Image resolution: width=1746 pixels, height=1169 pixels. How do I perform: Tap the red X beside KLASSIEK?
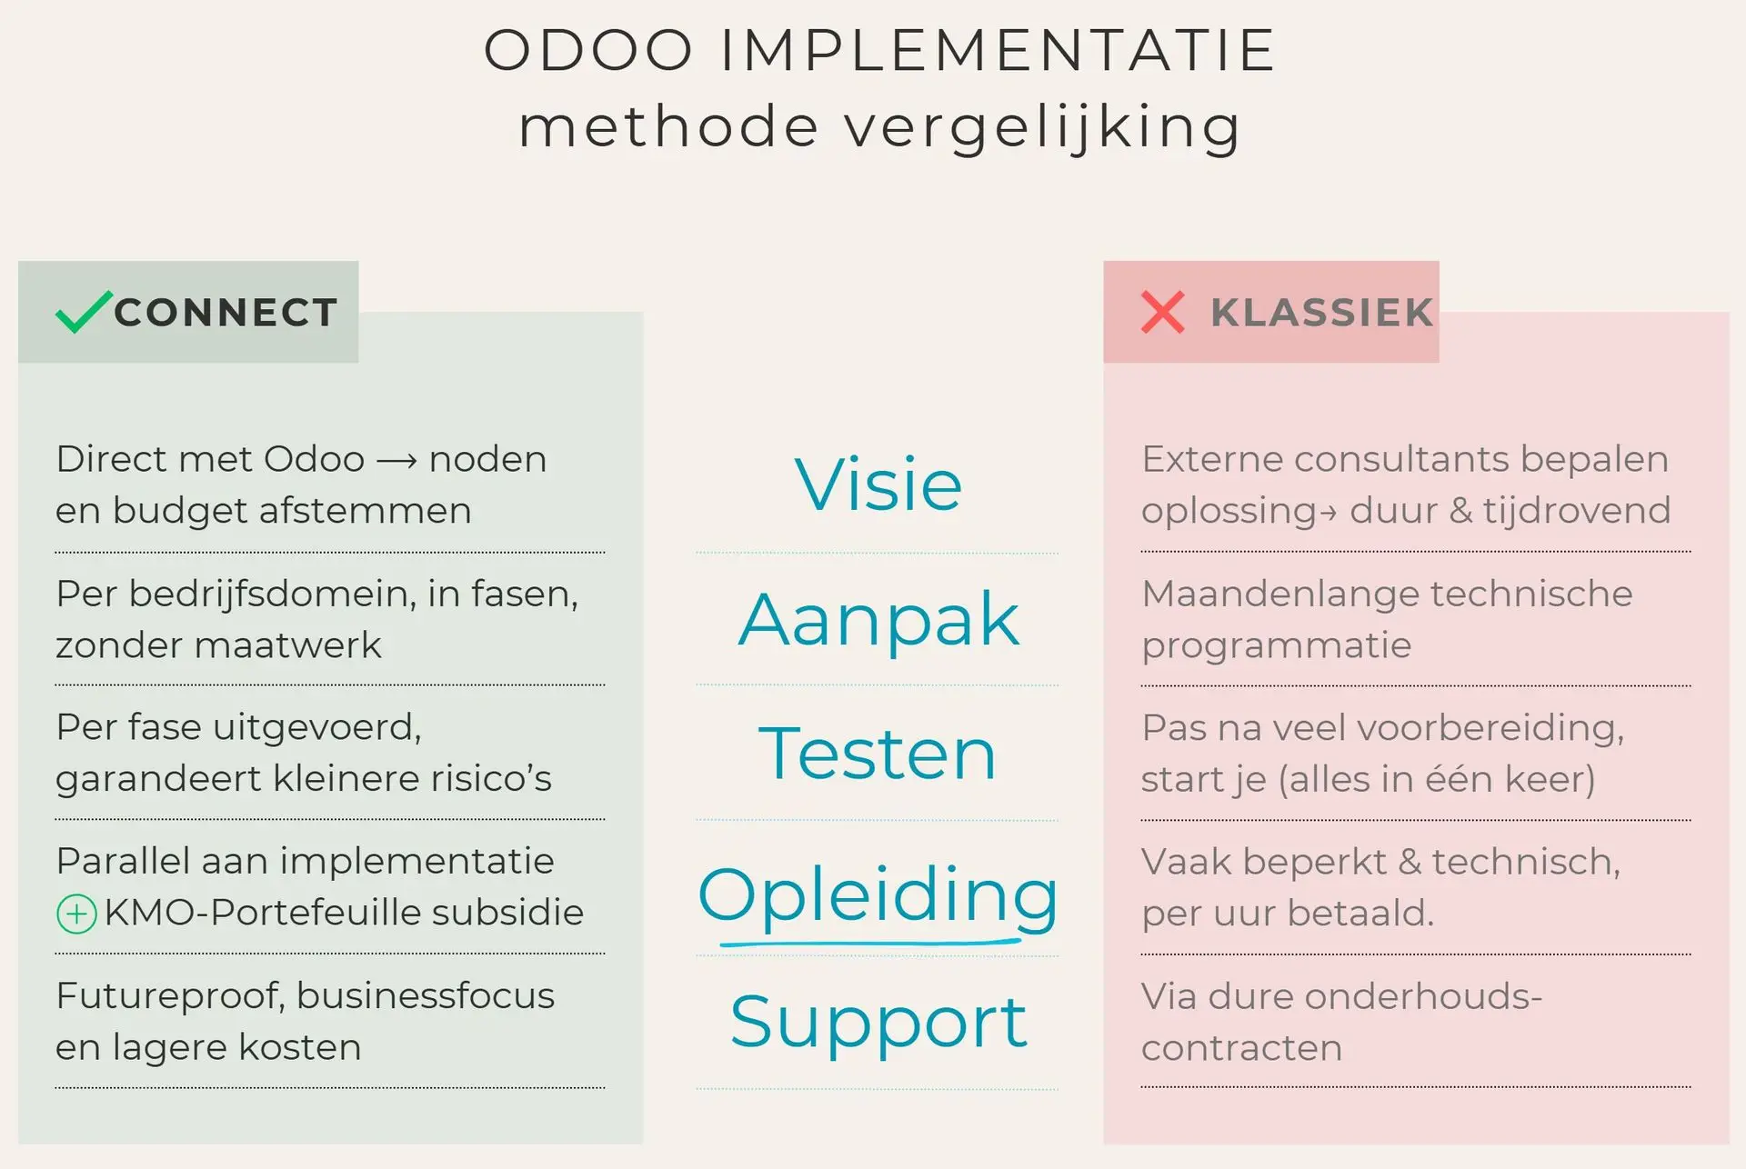pyautogui.click(x=1162, y=312)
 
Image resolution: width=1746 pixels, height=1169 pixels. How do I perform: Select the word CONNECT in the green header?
pyautogui.click(x=226, y=313)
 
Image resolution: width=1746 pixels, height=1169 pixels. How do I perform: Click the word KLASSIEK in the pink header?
pyautogui.click(x=1321, y=313)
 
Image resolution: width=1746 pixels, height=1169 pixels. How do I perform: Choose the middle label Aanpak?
pyautogui.click(x=878, y=622)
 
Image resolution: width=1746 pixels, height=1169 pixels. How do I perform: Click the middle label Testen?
pyautogui.click(x=878, y=754)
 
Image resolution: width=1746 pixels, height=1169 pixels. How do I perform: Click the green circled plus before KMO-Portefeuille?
pyautogui.click(x=76, y=914)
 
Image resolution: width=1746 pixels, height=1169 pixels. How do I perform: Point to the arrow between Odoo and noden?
pyautogui.click(x=396, y=462)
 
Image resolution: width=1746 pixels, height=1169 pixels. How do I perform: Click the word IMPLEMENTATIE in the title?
pyautogui.click(x=998, y=50)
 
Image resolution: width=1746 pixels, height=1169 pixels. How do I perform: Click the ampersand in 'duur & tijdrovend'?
pyautogui.click(x=1460, y=510)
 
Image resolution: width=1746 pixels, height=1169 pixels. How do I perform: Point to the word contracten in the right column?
pyautogui.click(x=1242, y=1048)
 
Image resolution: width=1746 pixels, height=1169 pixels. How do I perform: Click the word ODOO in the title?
pyautogui.click(x=588, y=50)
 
